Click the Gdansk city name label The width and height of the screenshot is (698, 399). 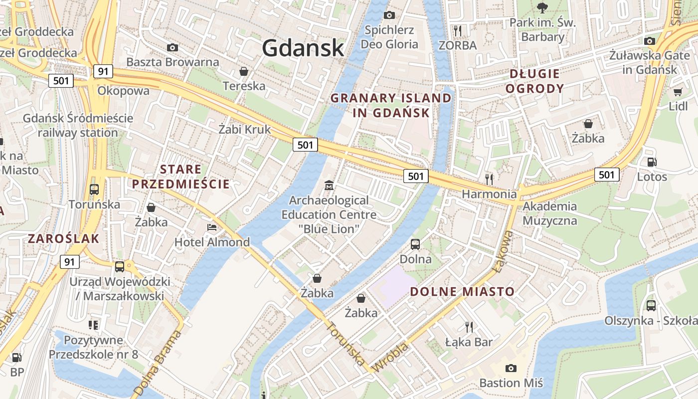pos(303,48)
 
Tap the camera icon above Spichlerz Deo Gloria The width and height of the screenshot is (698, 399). pos(389,15)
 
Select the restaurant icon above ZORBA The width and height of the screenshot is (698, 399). pos(458,30)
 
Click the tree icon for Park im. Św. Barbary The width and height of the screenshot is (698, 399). pos(542,7)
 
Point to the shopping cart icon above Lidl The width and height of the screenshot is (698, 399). pos(678,92)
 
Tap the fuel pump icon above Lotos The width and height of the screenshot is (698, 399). pos(652,162)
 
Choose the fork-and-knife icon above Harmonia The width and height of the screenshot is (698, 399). pos(489,179)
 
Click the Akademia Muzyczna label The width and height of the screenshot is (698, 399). pos(549,213)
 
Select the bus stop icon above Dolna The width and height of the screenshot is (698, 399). pos(415,244)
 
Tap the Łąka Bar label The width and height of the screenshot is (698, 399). pos(469,342)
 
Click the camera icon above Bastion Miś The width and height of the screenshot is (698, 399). pos(511,368)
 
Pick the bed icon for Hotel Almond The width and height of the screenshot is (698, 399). pos(212,227)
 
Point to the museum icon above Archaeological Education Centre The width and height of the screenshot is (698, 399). pos(329,186)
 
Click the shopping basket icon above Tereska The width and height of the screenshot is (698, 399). pos(244,71)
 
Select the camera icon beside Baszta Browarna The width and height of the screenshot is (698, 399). pos(173,47)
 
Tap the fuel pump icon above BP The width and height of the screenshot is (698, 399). pos(17,357)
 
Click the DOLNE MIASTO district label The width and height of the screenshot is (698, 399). pos(462,292)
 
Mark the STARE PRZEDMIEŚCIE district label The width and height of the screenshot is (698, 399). pos(180,177)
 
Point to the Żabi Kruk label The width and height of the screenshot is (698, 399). pos(245,130)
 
